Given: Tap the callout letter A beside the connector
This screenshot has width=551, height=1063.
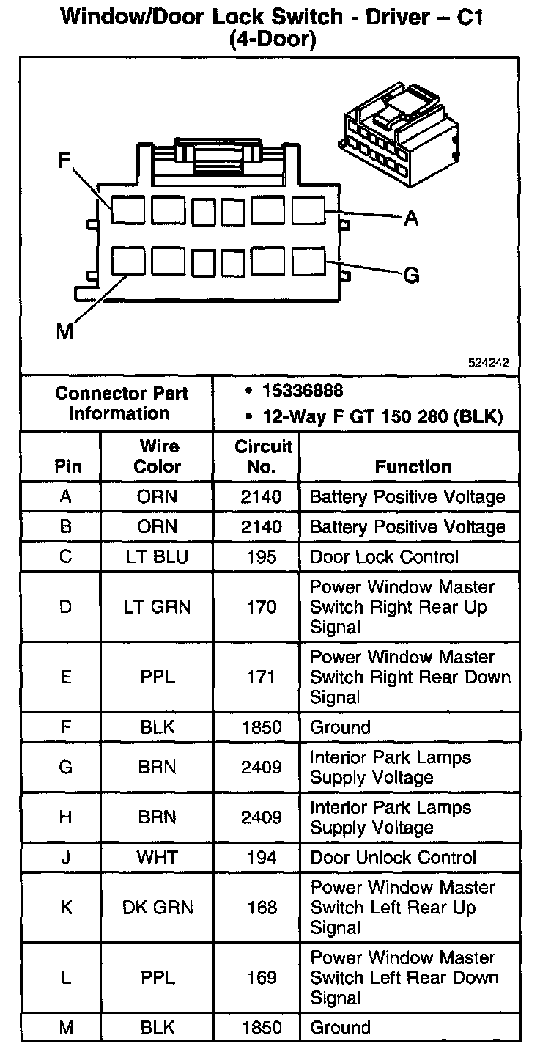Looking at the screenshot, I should (x=411, y=218).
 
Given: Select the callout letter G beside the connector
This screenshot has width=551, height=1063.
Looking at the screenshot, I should (x=411, y=276).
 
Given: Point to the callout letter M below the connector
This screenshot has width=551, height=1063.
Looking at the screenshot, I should (x=65, y=332).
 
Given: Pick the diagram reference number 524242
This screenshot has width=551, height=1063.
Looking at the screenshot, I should (x=489, y=362).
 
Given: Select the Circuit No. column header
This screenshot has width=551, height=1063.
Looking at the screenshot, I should (x=262, y=456).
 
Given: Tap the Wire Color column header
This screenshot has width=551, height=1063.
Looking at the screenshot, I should (x=158, y=456).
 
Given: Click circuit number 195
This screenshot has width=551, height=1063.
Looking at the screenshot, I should (x=262, y=557).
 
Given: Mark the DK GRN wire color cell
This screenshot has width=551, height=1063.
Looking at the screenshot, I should (x=158, y=908).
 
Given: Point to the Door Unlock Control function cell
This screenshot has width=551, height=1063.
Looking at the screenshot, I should (x=393, y=858).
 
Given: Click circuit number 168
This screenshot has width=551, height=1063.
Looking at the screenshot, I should (x=262, y=908).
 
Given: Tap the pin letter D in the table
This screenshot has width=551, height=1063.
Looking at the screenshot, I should (x=66, y=607).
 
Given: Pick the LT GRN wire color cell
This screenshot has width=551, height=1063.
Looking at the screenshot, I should (x=157, y=607).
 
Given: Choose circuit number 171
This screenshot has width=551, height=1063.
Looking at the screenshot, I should (x=262, y=677).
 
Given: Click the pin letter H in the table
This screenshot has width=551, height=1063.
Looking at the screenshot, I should (x=66, y=817).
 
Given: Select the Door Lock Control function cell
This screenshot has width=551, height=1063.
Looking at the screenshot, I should (x=384, y=557).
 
